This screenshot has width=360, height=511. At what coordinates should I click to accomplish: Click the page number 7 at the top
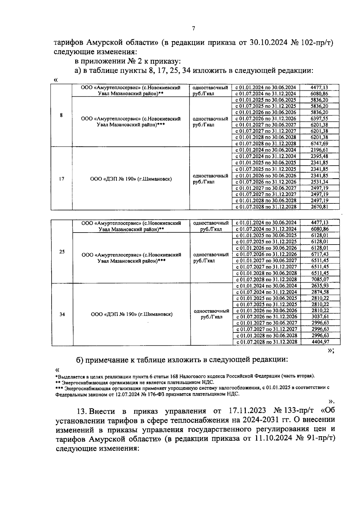193,29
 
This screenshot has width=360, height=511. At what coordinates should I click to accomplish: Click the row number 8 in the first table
61,115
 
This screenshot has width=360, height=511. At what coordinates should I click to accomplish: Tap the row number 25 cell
62,252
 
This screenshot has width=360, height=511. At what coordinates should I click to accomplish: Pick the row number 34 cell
62,314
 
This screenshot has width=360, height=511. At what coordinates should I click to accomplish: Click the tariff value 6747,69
319,144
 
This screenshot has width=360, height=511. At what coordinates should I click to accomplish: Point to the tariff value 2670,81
319,207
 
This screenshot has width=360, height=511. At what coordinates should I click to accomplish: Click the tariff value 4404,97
320,342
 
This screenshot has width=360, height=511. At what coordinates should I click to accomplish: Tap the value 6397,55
319,119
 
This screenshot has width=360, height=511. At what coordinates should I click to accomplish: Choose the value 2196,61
319,150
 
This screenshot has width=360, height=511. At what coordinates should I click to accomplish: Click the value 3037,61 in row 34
320,317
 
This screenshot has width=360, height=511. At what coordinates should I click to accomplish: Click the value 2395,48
319,156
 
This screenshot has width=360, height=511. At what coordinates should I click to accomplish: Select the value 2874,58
320,292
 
